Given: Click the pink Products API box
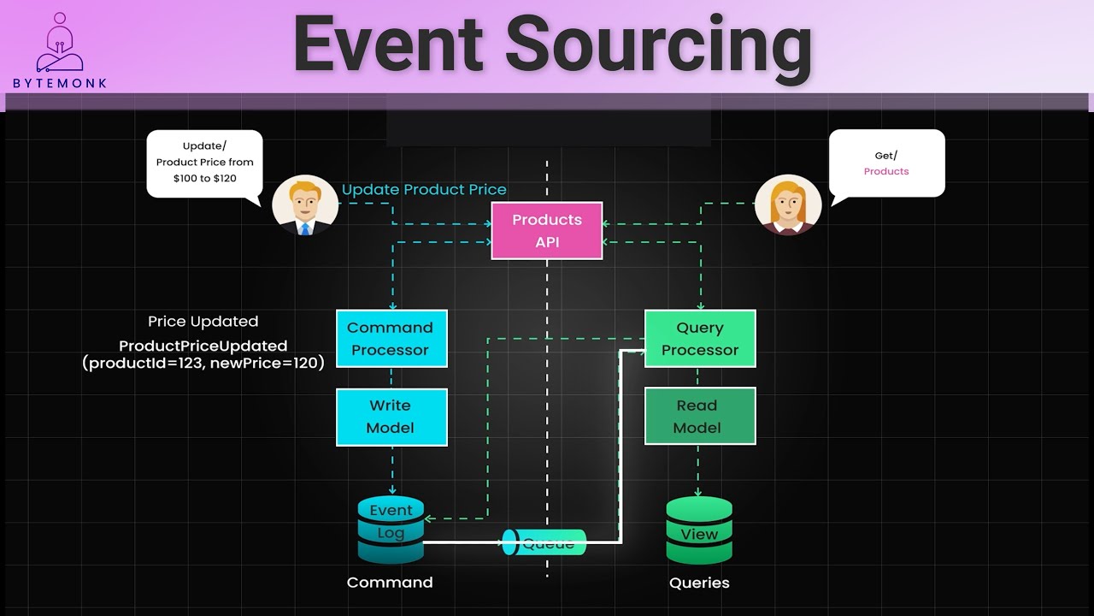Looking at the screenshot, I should pos(547,231).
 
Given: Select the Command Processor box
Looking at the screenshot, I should pos(391,339).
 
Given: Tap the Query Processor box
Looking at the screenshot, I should pos(699,339).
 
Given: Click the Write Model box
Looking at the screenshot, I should pos(391,417).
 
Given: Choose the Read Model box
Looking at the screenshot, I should pos(699,417).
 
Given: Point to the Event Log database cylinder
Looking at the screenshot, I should pos(391,530).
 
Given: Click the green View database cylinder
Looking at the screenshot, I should pos(699,530).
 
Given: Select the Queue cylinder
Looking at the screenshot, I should pos(544,542).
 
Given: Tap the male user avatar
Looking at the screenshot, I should pos(305,205).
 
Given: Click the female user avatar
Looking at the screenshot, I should pos(788,205).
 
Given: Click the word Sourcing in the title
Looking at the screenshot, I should pos(659,44).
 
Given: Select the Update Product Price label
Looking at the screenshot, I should pos(424,190).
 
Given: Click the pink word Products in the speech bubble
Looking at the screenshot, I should pos(886,171).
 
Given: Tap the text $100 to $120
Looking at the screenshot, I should pos(204,178).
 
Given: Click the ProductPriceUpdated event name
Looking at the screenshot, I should pos(203,346).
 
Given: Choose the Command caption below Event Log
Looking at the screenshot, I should pos(390,583).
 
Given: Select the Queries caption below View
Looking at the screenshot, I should pos(699,583).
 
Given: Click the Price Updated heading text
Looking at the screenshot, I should pos(203,322).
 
